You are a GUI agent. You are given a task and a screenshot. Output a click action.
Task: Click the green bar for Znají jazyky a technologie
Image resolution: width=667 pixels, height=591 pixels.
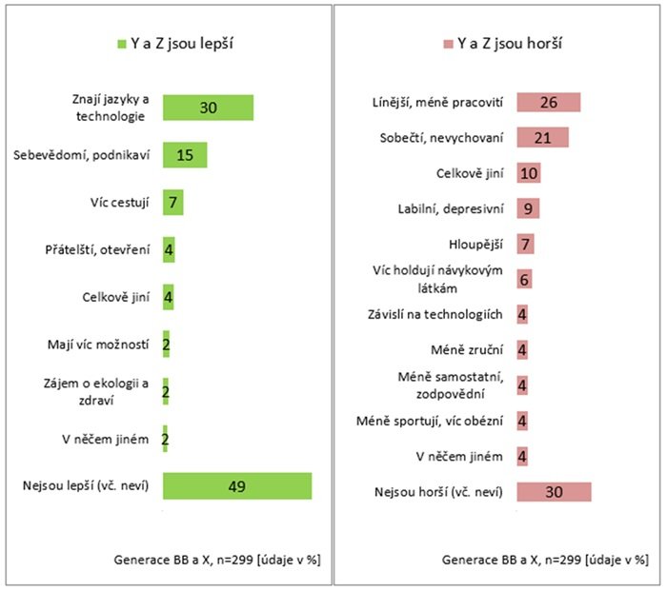click(208, 108)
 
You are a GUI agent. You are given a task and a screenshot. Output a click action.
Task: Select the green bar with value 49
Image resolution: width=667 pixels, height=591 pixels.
click(237, 485)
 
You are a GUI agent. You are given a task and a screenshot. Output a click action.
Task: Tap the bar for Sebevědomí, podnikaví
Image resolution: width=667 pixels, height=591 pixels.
click(185, 155)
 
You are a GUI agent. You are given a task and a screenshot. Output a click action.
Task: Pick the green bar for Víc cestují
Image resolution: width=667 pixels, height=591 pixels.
click(172, 202)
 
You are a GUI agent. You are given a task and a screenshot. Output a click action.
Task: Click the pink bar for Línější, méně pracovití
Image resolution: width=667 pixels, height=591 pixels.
click(548, 103)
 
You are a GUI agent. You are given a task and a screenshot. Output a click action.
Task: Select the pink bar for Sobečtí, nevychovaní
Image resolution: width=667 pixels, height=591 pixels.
click(542, 138)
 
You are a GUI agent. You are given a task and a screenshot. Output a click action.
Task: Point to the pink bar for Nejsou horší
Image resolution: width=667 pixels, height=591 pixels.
click(554, 491)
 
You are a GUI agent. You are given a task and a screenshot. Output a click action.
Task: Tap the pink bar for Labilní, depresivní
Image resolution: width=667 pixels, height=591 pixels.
click(528, 208)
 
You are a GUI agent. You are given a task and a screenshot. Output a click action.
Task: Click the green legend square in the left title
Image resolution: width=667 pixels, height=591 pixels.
click(122, 43)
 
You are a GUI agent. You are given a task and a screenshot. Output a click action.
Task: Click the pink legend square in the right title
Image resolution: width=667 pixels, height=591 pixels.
click(448, 43)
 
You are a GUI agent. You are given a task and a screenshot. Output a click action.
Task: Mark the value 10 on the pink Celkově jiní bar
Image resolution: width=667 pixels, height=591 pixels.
click(529, 173)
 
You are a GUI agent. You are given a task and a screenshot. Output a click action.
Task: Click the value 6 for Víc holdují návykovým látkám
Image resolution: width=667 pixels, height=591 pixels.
click(525, 279)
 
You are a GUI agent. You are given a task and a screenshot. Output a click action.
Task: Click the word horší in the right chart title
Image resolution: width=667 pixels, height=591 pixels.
click(542, 43)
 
